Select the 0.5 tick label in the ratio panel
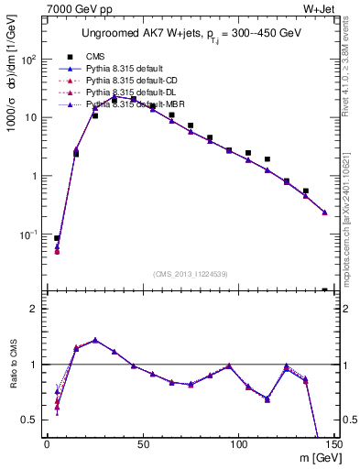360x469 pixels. (x=32, y=420)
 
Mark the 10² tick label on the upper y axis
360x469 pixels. (x=30, y=60)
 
